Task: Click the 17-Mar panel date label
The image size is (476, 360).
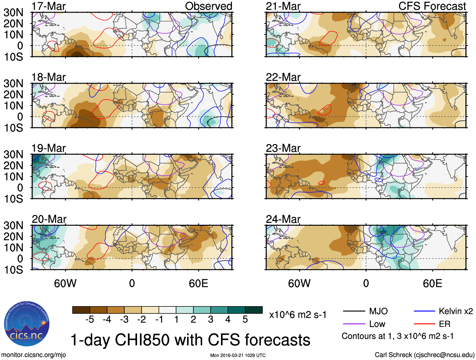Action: coord(49,6)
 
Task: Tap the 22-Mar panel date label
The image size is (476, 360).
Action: coord(283,77)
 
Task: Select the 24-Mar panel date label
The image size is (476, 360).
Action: coord(283,219)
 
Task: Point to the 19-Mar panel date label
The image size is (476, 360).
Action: coord(49,148)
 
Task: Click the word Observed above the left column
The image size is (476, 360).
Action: coord(208,6)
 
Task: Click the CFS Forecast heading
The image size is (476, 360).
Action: coord(432,6)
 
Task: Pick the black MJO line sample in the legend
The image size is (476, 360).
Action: coord(354,311)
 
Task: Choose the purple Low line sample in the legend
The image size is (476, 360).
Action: coord(354,324)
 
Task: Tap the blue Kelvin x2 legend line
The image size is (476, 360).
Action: coord(424,311)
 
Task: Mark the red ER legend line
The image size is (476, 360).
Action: coord(424,324)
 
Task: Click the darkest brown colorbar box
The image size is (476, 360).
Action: coord(81,310)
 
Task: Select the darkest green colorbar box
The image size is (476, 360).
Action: coord(254,310)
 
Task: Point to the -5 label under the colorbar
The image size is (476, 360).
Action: coord(90,320)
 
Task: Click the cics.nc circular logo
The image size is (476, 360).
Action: coord(27,324)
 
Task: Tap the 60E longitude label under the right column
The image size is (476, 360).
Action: coord(432,283)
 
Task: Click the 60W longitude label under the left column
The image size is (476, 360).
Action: coord(65,283)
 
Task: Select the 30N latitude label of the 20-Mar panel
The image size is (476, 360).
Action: coord(13,225)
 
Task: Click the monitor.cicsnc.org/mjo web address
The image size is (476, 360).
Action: coord(34,355)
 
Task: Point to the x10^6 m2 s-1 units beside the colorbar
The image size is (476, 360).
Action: coord(298,315)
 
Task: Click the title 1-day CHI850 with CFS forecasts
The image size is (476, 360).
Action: coord(190,340)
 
